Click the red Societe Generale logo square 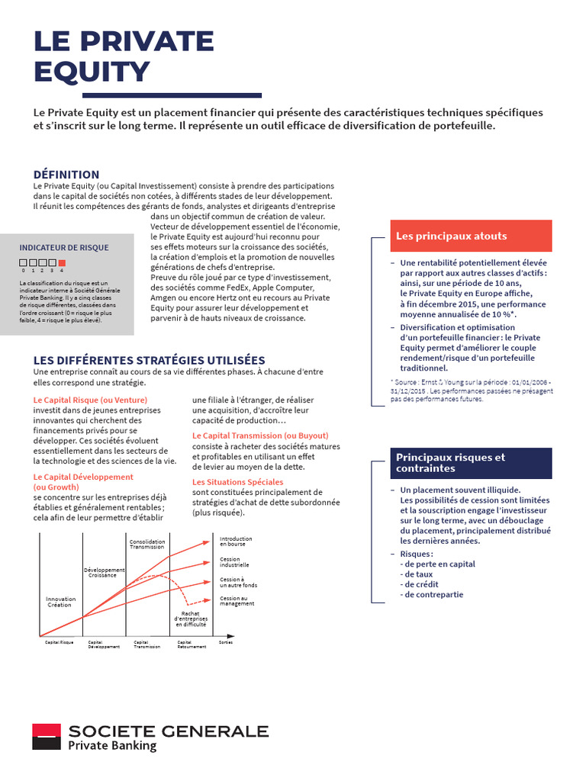(46, 738)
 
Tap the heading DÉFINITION (66, 175)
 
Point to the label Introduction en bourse (236, 542)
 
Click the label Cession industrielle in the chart (234, 562)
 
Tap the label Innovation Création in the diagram (60, 602)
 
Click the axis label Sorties (226, 642)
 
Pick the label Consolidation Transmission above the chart (147, 545)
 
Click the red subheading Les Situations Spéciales (237, 482)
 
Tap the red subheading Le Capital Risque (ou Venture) (91, 400)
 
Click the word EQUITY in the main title (92, 71)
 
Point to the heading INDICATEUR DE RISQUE (64, 247)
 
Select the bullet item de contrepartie (434, 594)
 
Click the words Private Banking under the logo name (112, 746)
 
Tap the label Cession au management (237, 601)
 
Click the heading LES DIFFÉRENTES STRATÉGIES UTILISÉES (150, 360)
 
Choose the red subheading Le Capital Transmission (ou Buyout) (260, 435)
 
